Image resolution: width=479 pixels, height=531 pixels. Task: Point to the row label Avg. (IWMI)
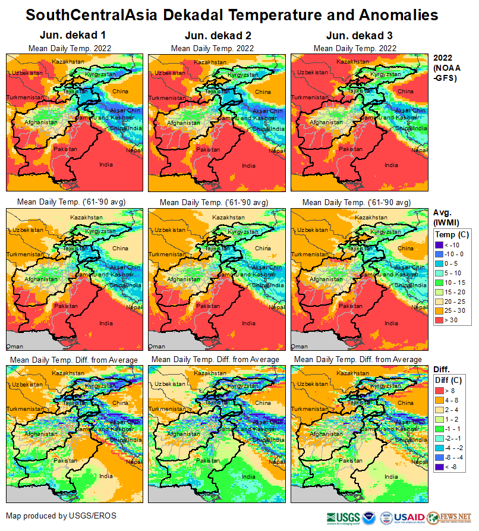(x=445, y=218)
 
